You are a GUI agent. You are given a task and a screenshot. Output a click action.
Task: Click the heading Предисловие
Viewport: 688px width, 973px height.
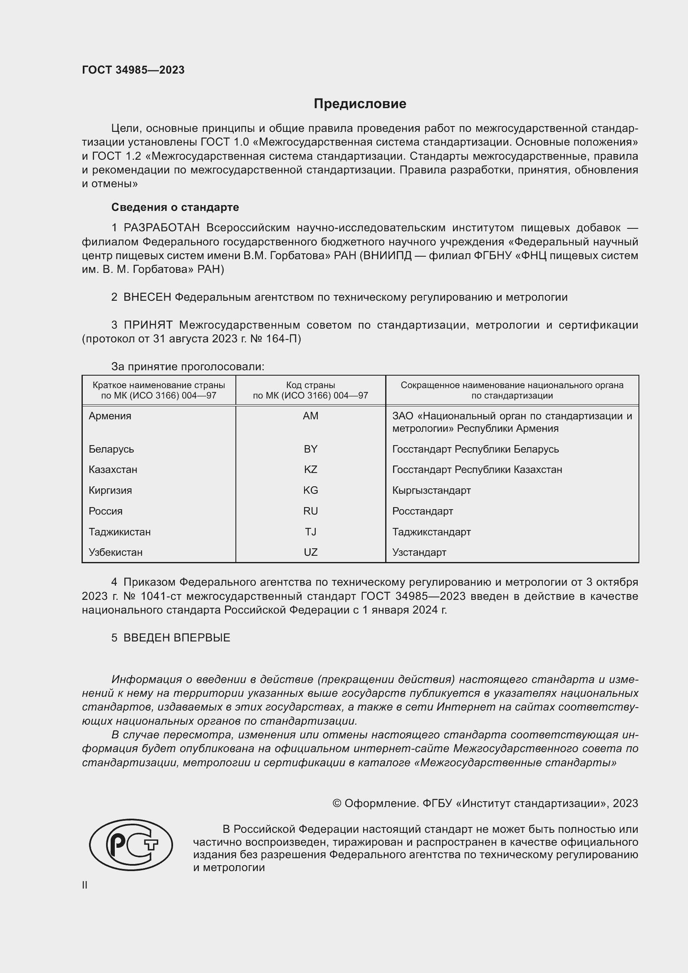tap(360, 104)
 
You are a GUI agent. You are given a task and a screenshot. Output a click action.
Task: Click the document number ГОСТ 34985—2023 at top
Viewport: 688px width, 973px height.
tap(133, 70)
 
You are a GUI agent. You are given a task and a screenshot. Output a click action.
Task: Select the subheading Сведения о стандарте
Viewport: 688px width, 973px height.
tap(175, 207)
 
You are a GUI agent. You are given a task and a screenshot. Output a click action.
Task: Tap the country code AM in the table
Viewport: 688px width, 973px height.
tap(311, 416)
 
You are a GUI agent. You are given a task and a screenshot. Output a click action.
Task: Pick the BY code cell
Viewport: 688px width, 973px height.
tap(311, 449)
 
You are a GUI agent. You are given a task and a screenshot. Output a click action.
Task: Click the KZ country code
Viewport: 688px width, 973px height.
tap(311, 470)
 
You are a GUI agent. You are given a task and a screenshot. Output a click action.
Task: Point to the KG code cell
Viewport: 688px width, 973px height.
tap(311, 490)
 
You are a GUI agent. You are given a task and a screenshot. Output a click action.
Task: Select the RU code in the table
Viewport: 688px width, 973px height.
tap(311, 511)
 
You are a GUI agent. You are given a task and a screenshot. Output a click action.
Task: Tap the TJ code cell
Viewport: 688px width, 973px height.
tap(311, 532)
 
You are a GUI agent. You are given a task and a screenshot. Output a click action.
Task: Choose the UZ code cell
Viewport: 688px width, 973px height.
tap(311, 552)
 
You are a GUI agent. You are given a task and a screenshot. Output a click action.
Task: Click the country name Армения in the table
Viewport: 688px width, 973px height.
tap(110, 416)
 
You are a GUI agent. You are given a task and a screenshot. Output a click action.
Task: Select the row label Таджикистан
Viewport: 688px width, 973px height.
tap(119, 532)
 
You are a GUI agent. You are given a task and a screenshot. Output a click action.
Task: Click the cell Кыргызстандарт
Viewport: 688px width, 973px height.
tap(431, 490)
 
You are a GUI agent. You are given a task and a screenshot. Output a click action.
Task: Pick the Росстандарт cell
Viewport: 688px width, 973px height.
tap(422, 511)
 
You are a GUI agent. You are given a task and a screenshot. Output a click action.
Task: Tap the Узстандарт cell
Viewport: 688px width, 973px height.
tap(419, 552)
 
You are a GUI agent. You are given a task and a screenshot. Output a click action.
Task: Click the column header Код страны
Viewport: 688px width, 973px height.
tap(311, 385)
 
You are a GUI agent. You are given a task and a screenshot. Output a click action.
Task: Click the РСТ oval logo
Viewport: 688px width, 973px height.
tap(131, 844)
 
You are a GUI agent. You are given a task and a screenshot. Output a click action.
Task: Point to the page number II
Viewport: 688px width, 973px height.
tap(85, 885)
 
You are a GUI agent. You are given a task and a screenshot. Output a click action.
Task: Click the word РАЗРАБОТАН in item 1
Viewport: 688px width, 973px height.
tap(161, 228)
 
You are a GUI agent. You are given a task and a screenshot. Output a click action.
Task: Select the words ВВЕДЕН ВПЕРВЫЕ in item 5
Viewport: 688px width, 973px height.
tap(177, 638)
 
